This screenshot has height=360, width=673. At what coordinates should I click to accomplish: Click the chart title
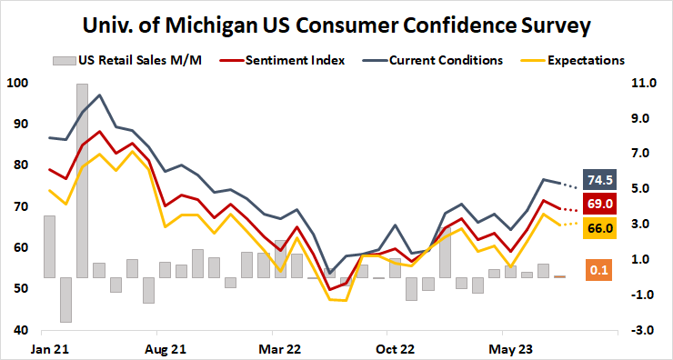pos(336,24)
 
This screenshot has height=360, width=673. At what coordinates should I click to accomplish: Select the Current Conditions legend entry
pos(446,61)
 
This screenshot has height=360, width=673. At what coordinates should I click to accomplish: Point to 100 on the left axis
pos(16,84)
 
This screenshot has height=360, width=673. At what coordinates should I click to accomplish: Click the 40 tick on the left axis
pos(19,330)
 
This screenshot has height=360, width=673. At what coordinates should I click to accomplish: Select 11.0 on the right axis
pos(641,84)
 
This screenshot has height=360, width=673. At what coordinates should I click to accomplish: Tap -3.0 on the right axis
pos(641,330)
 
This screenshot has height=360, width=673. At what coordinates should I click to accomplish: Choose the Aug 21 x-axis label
pos(166,347)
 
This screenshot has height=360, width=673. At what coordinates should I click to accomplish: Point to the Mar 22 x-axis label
pos(280,347)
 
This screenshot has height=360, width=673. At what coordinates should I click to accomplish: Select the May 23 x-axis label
pos(510,347)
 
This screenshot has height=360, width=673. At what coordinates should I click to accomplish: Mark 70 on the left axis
pos(19,206)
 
